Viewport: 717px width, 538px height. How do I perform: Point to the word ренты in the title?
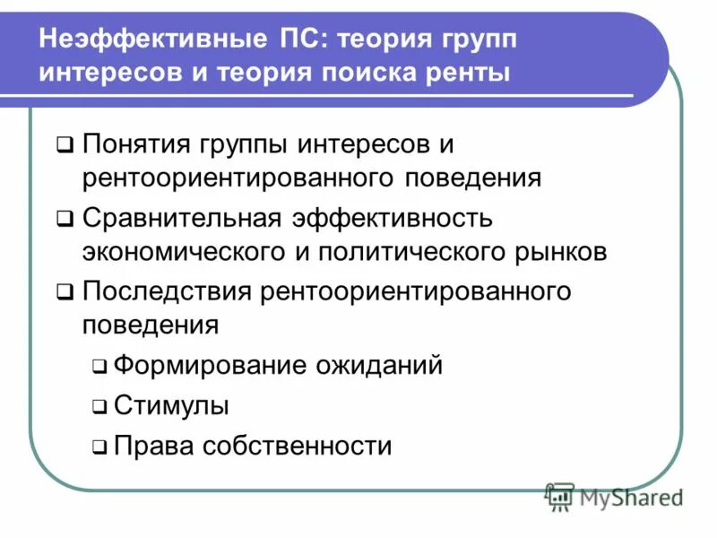pos(473,72)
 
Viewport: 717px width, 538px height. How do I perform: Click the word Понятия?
pos(134,144)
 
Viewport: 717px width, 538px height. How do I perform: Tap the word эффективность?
pos(391,219)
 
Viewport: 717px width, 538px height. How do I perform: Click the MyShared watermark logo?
pos(614,496)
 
